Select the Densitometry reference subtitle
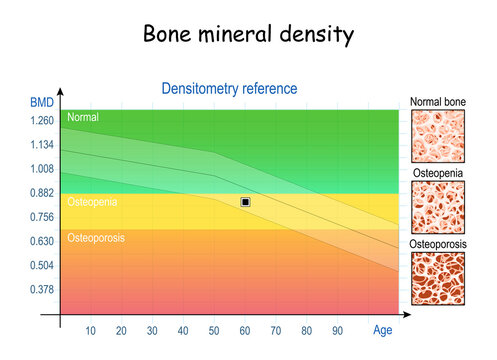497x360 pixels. point(229,88)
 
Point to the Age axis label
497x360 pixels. point(381,330)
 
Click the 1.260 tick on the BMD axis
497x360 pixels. point(41,121)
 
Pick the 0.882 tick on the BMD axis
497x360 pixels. point(41,193)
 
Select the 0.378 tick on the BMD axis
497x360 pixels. point(41,289)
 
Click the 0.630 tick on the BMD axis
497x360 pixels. point(41,241)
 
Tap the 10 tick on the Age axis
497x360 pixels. point(90,331)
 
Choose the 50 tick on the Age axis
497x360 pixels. point(214,331)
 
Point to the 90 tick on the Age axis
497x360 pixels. point(338,331)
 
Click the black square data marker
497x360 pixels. point(245,202)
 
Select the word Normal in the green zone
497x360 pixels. point(83,118)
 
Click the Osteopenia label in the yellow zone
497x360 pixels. point(92,202)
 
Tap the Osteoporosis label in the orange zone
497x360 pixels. point(97,238)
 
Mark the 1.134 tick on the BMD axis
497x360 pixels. point(41,145)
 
